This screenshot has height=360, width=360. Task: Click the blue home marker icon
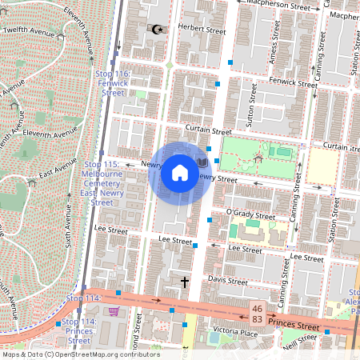click(x=180, y=173)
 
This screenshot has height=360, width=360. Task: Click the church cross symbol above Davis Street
click(x=185, y=282)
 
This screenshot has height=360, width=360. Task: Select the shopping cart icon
click(x=114, y=311)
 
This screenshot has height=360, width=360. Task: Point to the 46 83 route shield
click(x=257, y=313)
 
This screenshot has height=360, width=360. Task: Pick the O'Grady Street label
click(x=250, y=215)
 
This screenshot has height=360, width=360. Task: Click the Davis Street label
click(x=228, y=281)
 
